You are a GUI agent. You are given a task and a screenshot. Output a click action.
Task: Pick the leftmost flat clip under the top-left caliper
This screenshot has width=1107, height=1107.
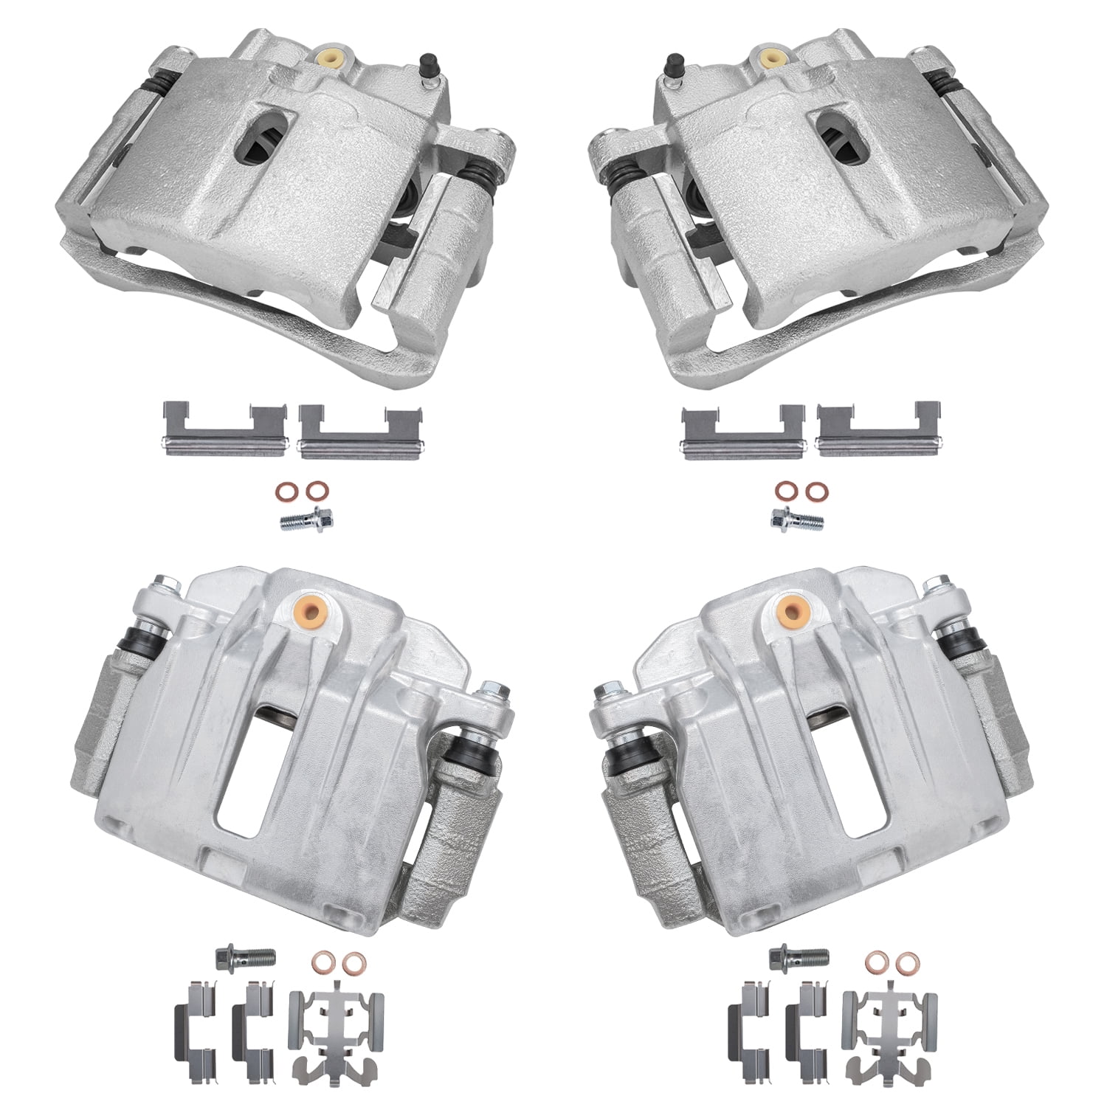(x=224, y=430)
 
